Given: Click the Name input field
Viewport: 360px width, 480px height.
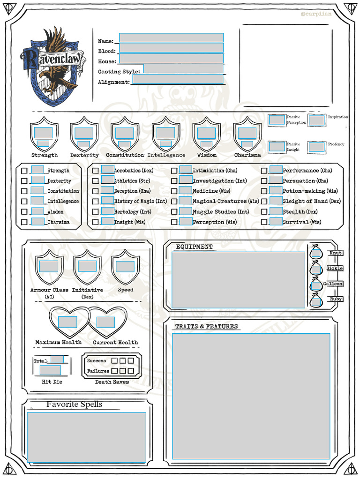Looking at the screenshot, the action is coord(171,38).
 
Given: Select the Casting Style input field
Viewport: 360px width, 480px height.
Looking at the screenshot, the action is coord(183,69).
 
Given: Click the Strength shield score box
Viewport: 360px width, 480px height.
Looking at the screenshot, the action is coord(43,133).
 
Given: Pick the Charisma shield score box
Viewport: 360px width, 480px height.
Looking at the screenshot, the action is coord(247,133).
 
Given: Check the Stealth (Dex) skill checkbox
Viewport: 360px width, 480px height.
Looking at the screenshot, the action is coord(264,212).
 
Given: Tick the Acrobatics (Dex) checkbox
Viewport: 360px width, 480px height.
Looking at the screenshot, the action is coord(96,171).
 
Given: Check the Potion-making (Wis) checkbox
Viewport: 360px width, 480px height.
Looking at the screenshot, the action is coord(264,191).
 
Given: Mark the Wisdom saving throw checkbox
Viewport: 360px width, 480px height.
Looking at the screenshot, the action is coord(24,212).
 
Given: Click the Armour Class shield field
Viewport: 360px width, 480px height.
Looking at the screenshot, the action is coord(49,266).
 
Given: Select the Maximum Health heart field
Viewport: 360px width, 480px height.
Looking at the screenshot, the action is coord(67,322).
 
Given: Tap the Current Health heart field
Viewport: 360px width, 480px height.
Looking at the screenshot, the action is coord(105,322).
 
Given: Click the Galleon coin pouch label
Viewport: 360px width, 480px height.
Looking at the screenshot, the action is coord(333,284).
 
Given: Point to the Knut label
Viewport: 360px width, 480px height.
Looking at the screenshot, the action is coord(335,253).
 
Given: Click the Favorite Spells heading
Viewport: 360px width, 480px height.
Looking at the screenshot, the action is coord(74,405).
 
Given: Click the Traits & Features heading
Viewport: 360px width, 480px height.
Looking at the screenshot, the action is coord(206,326).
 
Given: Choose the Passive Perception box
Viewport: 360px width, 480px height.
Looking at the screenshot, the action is coord(277,120).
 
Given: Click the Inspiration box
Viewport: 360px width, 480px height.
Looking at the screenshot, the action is coord(316,120).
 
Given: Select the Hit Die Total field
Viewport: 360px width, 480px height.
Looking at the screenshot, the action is coord(57,360).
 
